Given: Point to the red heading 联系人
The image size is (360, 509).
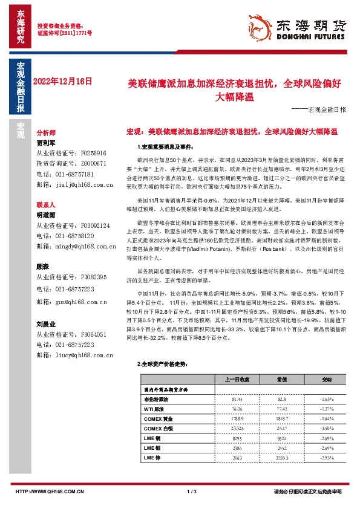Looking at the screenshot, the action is point(46,206).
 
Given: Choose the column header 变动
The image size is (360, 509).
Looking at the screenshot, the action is point(327,380).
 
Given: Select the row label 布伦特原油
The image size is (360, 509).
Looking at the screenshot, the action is point(155,400).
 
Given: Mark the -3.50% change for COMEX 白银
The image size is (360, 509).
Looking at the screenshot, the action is point(327,429).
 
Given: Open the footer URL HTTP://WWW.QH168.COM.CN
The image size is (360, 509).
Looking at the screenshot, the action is point(49,493).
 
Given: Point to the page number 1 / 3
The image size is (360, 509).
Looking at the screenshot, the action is point(193,493).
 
